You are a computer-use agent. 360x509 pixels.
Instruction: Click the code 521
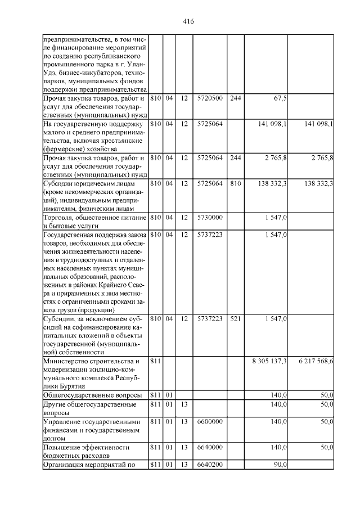click(235, 319)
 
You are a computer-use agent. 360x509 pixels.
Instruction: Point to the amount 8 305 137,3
click(269, 360)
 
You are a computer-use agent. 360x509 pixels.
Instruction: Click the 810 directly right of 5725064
click(235, 183)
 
